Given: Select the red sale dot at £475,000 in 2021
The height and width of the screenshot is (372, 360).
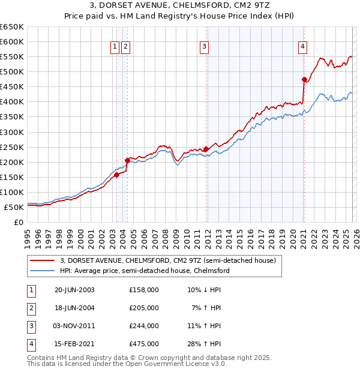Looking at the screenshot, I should tap(304, 79).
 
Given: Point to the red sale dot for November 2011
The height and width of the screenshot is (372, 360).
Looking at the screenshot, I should tap(206, 149).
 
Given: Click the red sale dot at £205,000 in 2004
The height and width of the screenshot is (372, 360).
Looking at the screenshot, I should tap(127, 160).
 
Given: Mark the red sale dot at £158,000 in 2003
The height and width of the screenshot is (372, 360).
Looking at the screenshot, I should tap(117, 175).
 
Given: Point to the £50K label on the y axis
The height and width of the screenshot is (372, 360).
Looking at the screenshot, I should tap(14, 207).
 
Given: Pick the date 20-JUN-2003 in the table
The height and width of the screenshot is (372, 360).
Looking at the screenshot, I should tap(74, 290).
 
